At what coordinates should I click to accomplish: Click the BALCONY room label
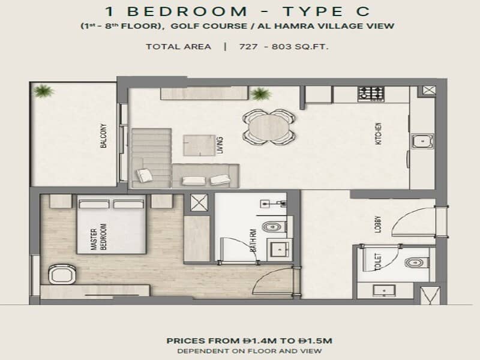coord(104,136)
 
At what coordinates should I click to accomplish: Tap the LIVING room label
coord(220,145)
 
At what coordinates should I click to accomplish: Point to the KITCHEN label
coord(379,133)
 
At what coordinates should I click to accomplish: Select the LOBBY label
coord(378,224)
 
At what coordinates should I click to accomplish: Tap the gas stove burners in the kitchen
coord(371,94)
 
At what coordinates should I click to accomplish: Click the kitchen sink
coord(422,142)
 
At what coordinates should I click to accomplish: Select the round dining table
coord(268,127)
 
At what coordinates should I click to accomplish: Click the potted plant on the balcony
coord(43,91)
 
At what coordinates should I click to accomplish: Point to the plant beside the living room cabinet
coord(260,94)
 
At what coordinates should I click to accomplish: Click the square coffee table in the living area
coord(199,145)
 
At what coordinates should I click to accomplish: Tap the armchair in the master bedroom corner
coord(62,274)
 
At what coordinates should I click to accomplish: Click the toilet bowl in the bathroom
coord(272,227)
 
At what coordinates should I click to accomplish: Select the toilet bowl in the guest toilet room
coord(416,262)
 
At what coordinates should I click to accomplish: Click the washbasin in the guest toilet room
coord(384,290)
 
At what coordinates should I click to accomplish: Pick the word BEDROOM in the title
coord(187,11)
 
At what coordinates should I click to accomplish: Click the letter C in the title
coord(363,11)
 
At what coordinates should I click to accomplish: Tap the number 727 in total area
coord(248,47)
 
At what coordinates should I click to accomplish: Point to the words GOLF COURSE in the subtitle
coord(209,26)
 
